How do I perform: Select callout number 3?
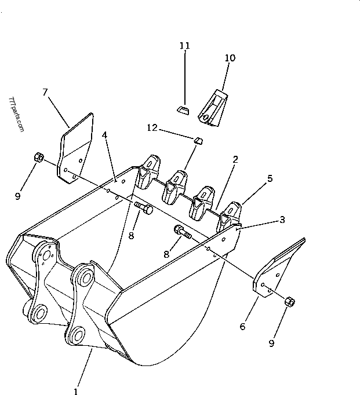282,220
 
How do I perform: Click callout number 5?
270,180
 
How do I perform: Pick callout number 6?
242,327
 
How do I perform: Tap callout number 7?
45,92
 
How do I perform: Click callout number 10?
230,58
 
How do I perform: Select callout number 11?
184,45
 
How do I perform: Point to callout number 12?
152,127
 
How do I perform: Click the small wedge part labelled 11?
183,109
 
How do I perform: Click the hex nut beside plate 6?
290,302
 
